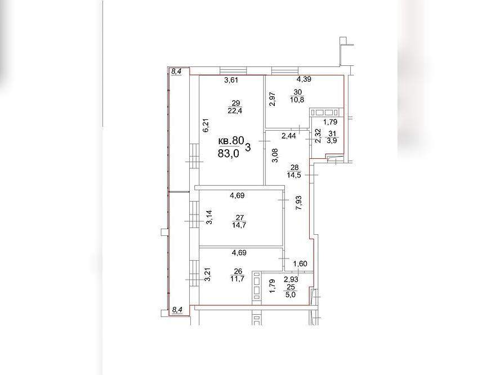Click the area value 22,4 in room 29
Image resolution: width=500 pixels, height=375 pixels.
[235, 111]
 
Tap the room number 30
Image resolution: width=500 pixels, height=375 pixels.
[297, 92]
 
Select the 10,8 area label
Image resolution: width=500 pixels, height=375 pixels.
[297, 100]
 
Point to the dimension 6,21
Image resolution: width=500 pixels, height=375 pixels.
[206, 125]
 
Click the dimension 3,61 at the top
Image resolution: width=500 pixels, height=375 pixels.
[231, 81]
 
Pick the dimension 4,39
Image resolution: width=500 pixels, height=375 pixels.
[304, 79]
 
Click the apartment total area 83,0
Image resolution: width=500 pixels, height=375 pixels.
[228, 153]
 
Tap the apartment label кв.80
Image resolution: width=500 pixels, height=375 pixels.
[231, 141]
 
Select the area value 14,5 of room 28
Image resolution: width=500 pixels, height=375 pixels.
[294, 175]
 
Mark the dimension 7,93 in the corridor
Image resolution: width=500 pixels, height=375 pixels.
[299, 203]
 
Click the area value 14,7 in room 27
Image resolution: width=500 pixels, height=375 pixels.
[239, 225]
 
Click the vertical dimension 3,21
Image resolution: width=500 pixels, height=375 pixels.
[207, 275]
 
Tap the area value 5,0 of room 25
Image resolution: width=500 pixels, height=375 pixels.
[291, 295]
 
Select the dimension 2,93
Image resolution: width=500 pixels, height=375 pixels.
[291, 280]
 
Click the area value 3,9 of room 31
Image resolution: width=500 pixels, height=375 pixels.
[332, 141]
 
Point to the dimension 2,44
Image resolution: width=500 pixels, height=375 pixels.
[288, 136]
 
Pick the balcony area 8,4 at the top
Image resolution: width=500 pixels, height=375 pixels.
[176, 72]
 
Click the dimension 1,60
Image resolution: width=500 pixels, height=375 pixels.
[300, 264]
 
